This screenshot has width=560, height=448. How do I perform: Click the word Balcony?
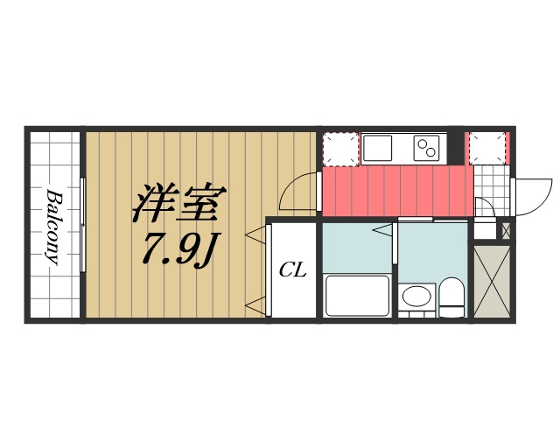click(53, 226)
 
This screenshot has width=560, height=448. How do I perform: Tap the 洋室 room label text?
click(179, 203)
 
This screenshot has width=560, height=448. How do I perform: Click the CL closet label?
click(292, 271)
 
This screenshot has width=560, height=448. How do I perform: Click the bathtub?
click(356, 296)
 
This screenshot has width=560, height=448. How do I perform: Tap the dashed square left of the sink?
click(339, 148)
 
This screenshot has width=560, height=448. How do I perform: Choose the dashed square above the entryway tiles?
click(488, 148)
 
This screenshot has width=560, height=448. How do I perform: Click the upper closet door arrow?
click(255, 234)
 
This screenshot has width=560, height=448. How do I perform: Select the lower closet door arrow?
click(255, 305)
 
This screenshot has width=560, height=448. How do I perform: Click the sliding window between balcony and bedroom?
click(83, 226)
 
